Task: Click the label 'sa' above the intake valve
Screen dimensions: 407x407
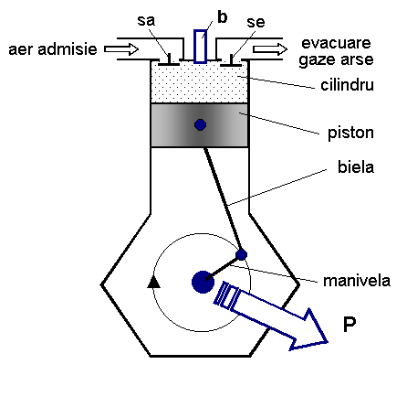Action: pos(146,21)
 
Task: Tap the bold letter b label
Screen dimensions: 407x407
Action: pos(223,17)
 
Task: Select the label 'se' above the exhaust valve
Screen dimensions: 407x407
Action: pos(256,22)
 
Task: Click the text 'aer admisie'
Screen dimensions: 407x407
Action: pos(53,49)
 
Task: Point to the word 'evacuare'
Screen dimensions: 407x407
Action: pos(336,43)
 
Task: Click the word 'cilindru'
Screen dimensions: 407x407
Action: pos(347,85)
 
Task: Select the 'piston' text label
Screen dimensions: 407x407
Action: pos(350,134)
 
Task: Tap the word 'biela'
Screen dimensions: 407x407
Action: pos(356,167)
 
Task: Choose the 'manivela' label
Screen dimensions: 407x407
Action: pos(357,281)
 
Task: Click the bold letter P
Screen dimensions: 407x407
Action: pos(350,325)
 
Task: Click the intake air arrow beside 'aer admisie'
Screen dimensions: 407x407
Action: pos(121,49)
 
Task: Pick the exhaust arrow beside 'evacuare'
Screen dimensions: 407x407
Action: pos(270,49)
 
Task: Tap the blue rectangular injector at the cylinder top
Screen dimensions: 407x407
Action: pos(200,47)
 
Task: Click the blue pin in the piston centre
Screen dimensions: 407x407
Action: pos(200,124)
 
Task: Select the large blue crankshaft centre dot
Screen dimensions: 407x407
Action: pos(203,282)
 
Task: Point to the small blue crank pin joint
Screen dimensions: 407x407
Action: pos(242,254)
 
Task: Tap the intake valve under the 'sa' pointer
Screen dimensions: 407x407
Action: pos(169,60)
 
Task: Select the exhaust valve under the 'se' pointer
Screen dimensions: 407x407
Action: pos(231,61)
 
